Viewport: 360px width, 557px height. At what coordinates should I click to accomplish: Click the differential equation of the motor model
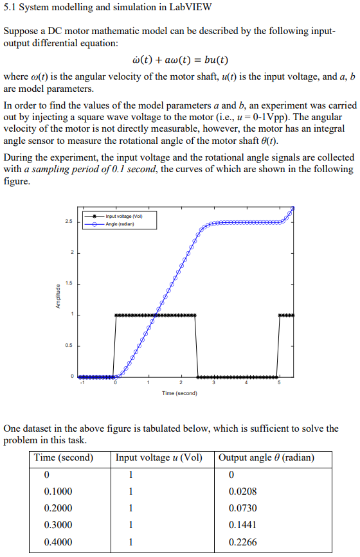pos(179,61)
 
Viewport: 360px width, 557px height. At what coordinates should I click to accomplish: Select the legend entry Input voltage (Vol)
pos(124,217)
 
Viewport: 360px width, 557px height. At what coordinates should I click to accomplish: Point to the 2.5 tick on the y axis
pos(68,222)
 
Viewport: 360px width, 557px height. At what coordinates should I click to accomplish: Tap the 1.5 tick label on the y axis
pos(68,283)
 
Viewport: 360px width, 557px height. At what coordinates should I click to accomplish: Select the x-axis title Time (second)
pos(179,393)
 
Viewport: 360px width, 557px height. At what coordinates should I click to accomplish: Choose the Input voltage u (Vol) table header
pos(159,458)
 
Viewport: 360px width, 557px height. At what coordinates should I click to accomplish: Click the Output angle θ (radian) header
pos(267,458)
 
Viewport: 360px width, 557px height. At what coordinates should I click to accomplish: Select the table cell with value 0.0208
pos(242,491)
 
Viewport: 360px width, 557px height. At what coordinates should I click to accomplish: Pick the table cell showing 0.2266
pos(242,542)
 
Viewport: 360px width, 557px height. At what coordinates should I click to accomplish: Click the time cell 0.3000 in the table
pos(58,525)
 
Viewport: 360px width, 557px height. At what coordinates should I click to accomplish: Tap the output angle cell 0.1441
pos(242,525)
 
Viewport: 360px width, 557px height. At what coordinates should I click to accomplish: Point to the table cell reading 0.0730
pos(242,508)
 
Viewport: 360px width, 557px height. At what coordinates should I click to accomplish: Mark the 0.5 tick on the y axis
pos(68,345)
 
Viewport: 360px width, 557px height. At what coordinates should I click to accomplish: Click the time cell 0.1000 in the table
pos(58,491)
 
